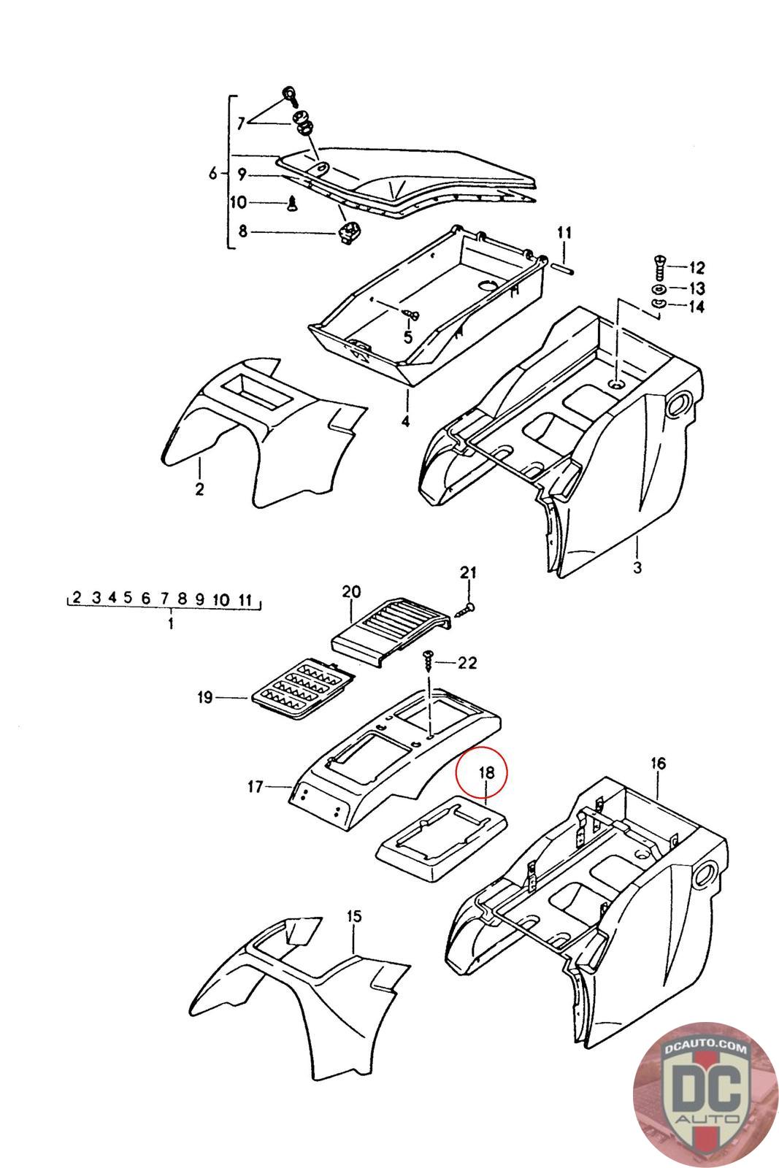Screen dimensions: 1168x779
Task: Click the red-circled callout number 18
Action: pyautogui.click(x=487, y=772)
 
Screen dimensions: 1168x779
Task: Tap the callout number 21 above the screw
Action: pyautogui.click(x=467, y=573)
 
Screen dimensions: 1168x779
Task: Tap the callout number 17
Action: pyautogui.click(x=255, y=786)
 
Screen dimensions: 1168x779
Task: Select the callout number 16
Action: pyautogui.click(x=658, y=764)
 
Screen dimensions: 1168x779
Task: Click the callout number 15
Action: pyautogui.click(x=354, y=916)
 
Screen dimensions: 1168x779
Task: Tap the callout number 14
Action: pyautogui.click(x=696, y=307)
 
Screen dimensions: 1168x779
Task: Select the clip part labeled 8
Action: pyautogui.click(x=347, y=233)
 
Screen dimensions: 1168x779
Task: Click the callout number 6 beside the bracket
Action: pyautogui.click(x=213, y=173)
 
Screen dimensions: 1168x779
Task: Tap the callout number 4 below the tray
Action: pyautogui.click(x=405, y=421)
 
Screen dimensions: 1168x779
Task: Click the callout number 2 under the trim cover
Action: pyautogui.click(x=199, y=488)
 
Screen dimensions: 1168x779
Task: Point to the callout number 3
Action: pyautogui.click(x=637, y=566)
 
